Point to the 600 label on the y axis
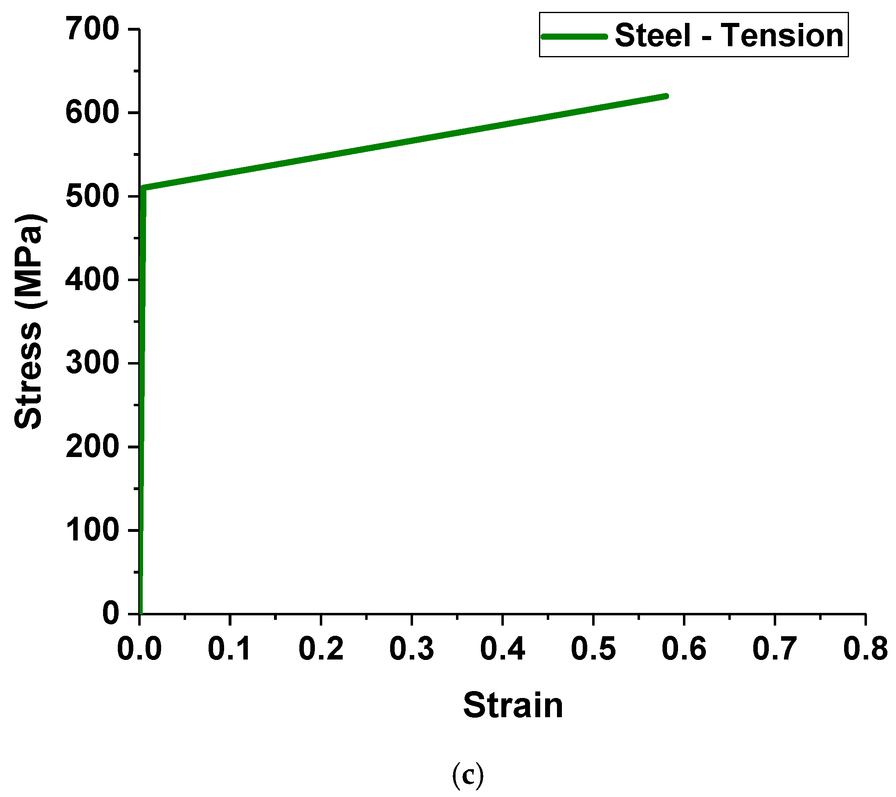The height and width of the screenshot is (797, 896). pos(92,113)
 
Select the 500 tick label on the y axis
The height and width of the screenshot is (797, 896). pos(92,196)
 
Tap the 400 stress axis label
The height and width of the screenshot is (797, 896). pos(92,280)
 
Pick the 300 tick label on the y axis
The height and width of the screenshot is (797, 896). pos(92,364)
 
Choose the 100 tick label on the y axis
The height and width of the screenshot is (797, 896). pos(92,530)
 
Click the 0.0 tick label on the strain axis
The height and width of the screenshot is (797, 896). pos(139,649)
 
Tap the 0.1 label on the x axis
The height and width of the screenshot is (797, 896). pos(230,649)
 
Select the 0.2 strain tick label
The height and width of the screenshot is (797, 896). pos(321,649)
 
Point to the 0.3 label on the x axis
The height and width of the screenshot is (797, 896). pos(412,649)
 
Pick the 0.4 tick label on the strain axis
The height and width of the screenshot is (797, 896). pos(502,649)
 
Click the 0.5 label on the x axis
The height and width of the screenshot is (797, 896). pos(593,649)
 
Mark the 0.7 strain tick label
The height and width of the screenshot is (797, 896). pos(775,649)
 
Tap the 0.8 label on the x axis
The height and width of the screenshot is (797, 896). pos(865,649)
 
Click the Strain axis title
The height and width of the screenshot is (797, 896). pos(513,706)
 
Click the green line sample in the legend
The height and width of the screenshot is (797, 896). pos(574,36)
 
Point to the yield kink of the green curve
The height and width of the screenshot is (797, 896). pos(143,188)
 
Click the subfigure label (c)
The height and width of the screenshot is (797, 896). pos(468,775)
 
